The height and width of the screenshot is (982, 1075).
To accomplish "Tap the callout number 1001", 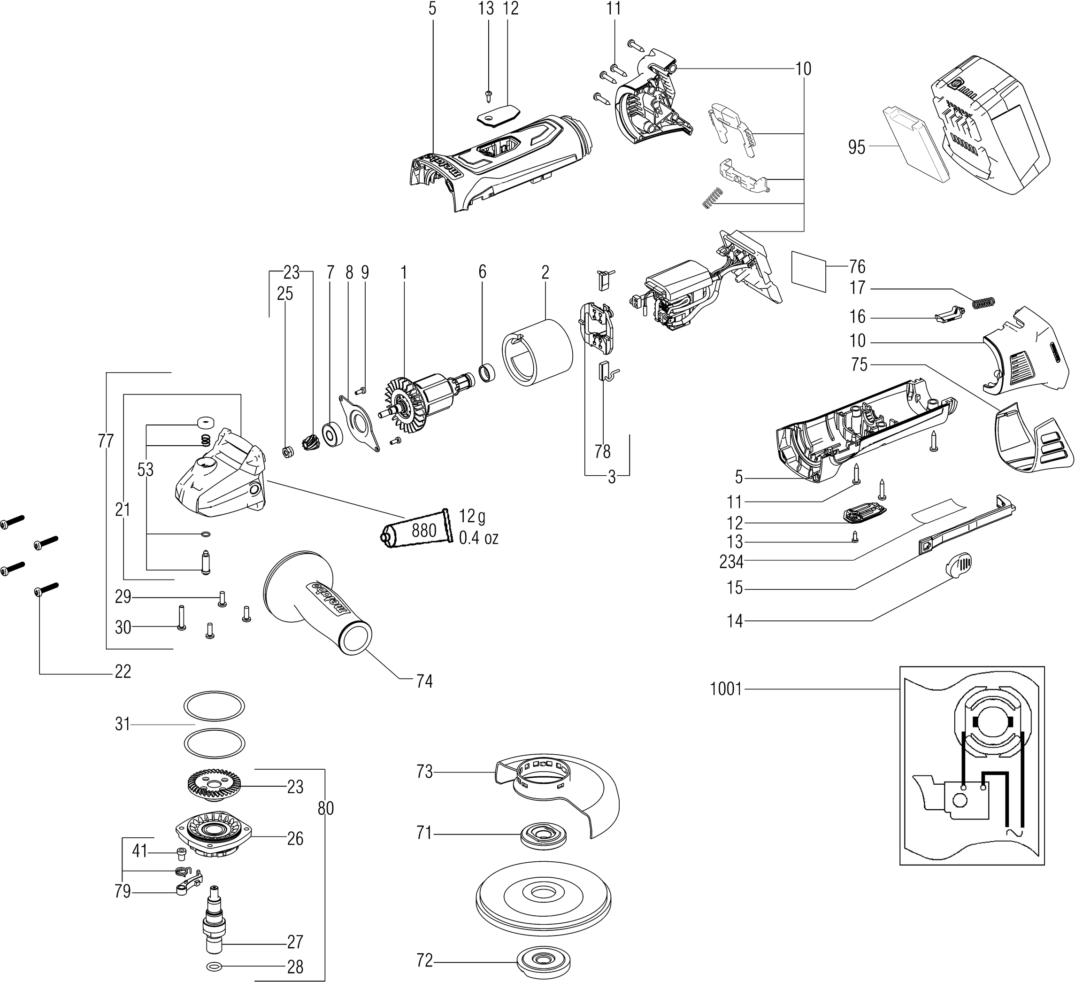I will click(x=726, y=689).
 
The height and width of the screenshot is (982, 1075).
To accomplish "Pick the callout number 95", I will click(x=856, y=147).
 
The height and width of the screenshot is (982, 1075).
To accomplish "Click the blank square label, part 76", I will click(x=808, y=271).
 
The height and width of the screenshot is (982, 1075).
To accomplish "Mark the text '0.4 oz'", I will click(x=478, y=538).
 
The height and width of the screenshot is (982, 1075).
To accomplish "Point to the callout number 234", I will click(x=731, y=561).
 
